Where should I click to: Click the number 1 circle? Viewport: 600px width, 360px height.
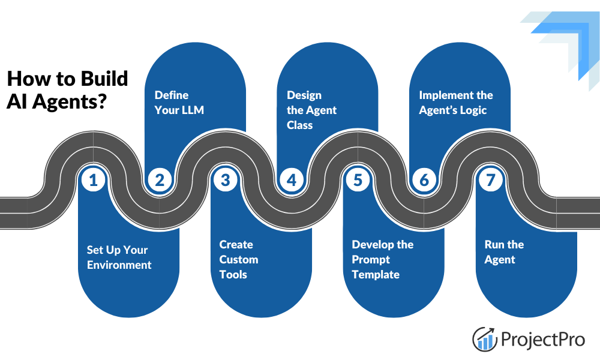click(93, 179)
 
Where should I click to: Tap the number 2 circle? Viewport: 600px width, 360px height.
click(159, 179)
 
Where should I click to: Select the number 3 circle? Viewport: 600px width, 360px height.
click(225, 179)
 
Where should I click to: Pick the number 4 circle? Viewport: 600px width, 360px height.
click(292, 179)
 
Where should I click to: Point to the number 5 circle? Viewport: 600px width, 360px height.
click(358, 179)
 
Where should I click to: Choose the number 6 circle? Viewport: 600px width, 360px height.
click(424, 179)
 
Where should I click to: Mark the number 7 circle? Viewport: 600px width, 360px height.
click(491, 179)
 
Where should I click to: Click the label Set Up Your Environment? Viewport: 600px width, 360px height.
click(119, 257)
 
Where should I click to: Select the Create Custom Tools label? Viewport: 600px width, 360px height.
click(238, 259)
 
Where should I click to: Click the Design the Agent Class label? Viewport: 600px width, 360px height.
click(311, 110)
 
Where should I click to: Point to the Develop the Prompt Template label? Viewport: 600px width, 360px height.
click(382, 259)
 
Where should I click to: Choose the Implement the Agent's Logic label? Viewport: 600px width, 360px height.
click(455, 103)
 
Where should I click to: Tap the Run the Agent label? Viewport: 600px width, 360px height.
click(503, 252)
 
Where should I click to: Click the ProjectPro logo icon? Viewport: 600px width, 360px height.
click(485, 339)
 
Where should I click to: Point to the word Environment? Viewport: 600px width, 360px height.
click(119, 265)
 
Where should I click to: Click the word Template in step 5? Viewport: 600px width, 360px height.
click(375, 274)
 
